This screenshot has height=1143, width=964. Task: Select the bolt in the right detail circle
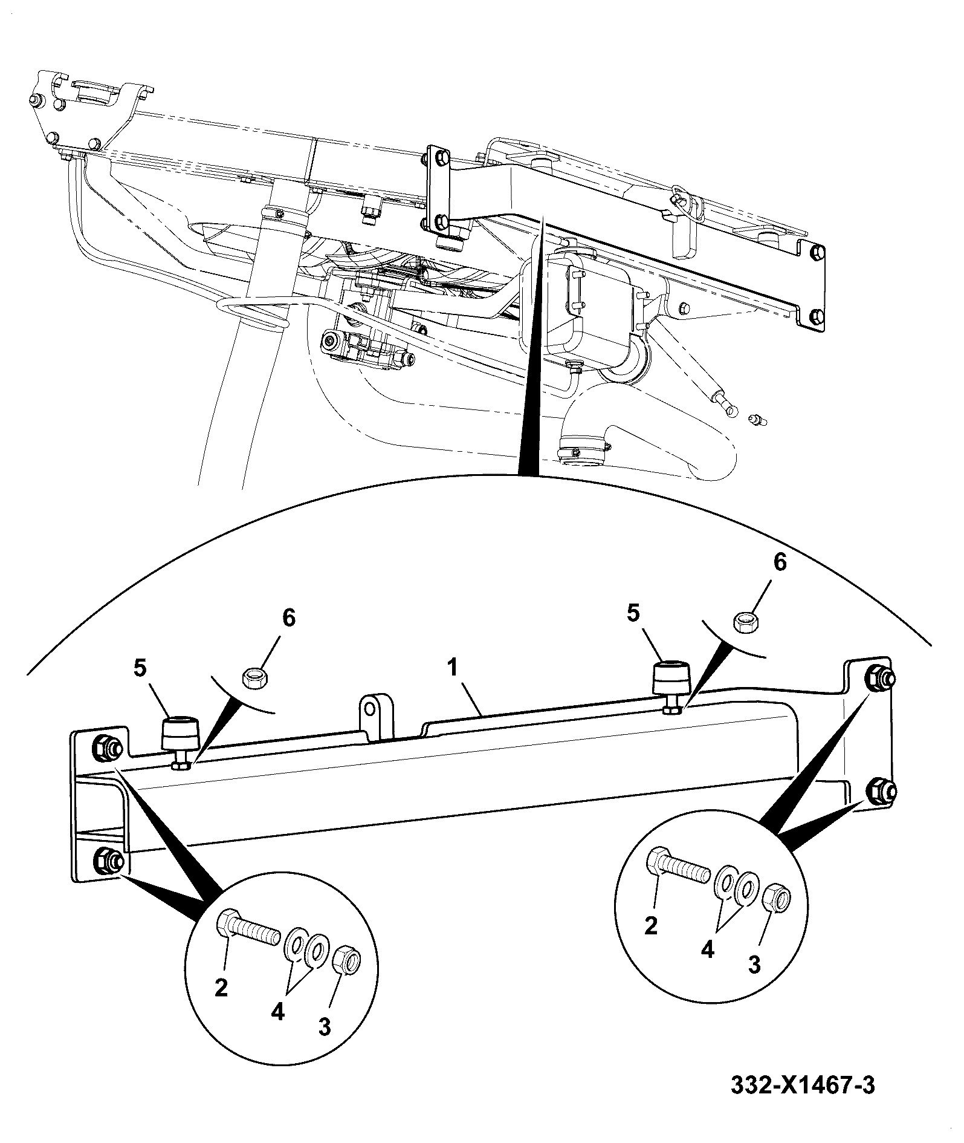[x=678, y=861]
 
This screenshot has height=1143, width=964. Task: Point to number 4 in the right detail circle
[x=707, y=951]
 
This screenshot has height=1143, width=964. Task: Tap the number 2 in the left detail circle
[x=221, y=988]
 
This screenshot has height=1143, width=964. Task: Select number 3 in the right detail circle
[x=754, y=966]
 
